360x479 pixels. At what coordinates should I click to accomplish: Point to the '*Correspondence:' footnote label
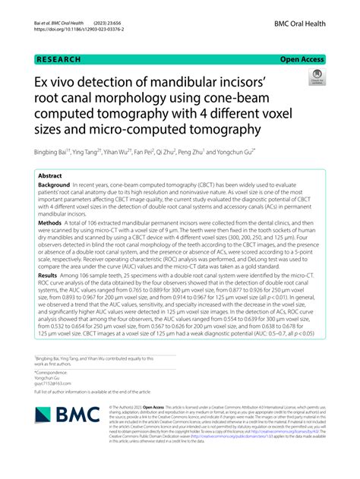(53, 372)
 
